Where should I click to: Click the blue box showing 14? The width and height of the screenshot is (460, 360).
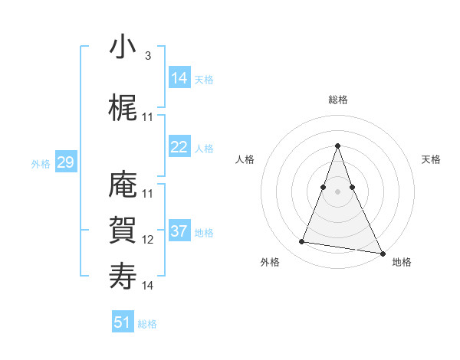coord(179,78)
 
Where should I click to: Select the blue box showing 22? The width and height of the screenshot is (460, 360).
coord(179,147)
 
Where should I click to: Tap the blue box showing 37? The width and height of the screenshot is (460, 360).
coord(179,231)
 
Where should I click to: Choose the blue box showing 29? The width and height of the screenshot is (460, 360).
coord(65,162)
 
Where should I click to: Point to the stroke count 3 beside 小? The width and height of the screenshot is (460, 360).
coord(147,56)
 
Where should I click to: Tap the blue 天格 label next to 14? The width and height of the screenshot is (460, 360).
coord(204,80)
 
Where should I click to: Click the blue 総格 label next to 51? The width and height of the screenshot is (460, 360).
coord(147,324)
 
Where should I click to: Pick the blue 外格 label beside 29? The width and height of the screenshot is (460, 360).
coord(41,164)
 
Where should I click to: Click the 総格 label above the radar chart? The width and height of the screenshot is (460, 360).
coord(337,100)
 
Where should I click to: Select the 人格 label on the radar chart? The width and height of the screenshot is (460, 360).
coord(245,159)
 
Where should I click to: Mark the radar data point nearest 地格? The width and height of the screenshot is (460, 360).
coord(382,253)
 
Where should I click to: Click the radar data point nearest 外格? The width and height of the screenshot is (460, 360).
coord(302,242)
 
